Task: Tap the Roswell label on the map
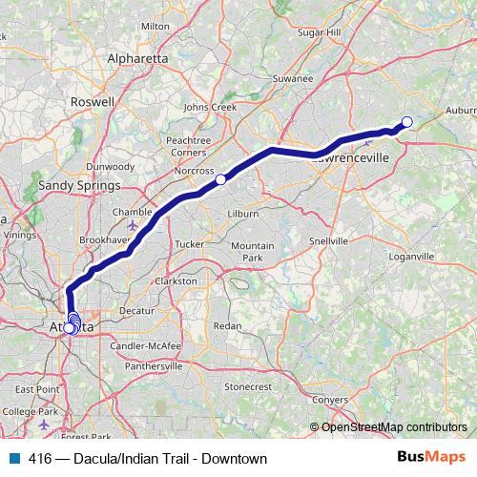[93, 100]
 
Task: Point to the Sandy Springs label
[79, 185]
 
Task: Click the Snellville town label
[329, 241]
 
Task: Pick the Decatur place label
[136, 311]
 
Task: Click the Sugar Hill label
[319, 31]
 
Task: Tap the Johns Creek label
[210, 107]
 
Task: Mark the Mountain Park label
[253, 252]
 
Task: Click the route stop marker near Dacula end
[406, 121]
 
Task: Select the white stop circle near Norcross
[220, 179]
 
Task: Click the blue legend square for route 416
[14, 459]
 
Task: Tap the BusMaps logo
[430, 458]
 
